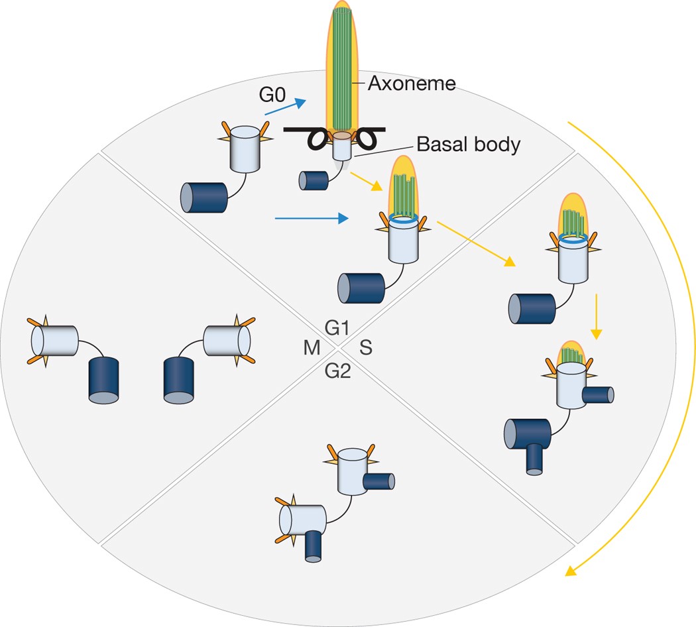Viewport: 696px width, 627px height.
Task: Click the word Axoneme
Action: pos(412,84)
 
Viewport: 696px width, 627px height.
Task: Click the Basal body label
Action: pos(468,144)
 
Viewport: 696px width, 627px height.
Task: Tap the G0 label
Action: pos(272,95)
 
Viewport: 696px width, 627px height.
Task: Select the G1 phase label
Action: pos(337,328)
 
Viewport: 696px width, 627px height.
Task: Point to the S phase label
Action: pos(366,347)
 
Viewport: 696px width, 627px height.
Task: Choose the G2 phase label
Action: pos(338,370)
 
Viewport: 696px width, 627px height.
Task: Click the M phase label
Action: pos(312,348)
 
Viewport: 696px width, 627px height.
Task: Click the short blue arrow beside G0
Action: pos(286,107)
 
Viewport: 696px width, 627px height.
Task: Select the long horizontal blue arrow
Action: pos(312,218)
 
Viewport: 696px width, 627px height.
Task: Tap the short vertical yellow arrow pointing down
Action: pos(596,316)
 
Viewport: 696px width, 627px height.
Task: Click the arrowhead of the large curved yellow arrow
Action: pos(571,571)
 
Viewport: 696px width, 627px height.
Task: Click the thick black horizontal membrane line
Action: pos(334,129)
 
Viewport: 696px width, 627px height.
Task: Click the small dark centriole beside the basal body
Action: pos(314,180)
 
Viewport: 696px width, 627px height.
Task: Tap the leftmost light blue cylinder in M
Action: pos(54,341)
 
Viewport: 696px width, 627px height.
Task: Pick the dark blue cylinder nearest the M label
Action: pos(179,380)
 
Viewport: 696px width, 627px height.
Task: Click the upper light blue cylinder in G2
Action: pos(353,471)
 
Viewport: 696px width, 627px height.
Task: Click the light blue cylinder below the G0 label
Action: pos(245,149)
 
